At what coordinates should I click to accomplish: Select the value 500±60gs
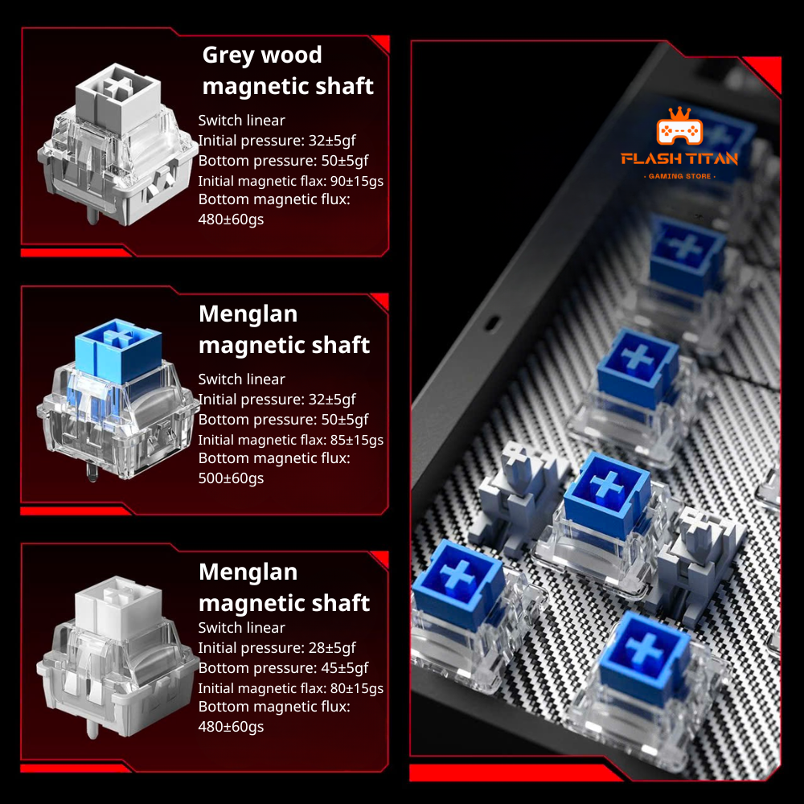tap(231, 478)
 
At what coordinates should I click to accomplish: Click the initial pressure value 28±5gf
tap(332, 647)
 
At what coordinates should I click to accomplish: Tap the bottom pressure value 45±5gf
tap(345, 667)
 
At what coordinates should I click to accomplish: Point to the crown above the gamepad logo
tap(679, 113)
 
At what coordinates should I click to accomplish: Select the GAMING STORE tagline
tap(679, 176)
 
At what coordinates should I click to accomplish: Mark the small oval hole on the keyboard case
tap(492, 323)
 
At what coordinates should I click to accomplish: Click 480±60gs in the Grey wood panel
tap(231, 219)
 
